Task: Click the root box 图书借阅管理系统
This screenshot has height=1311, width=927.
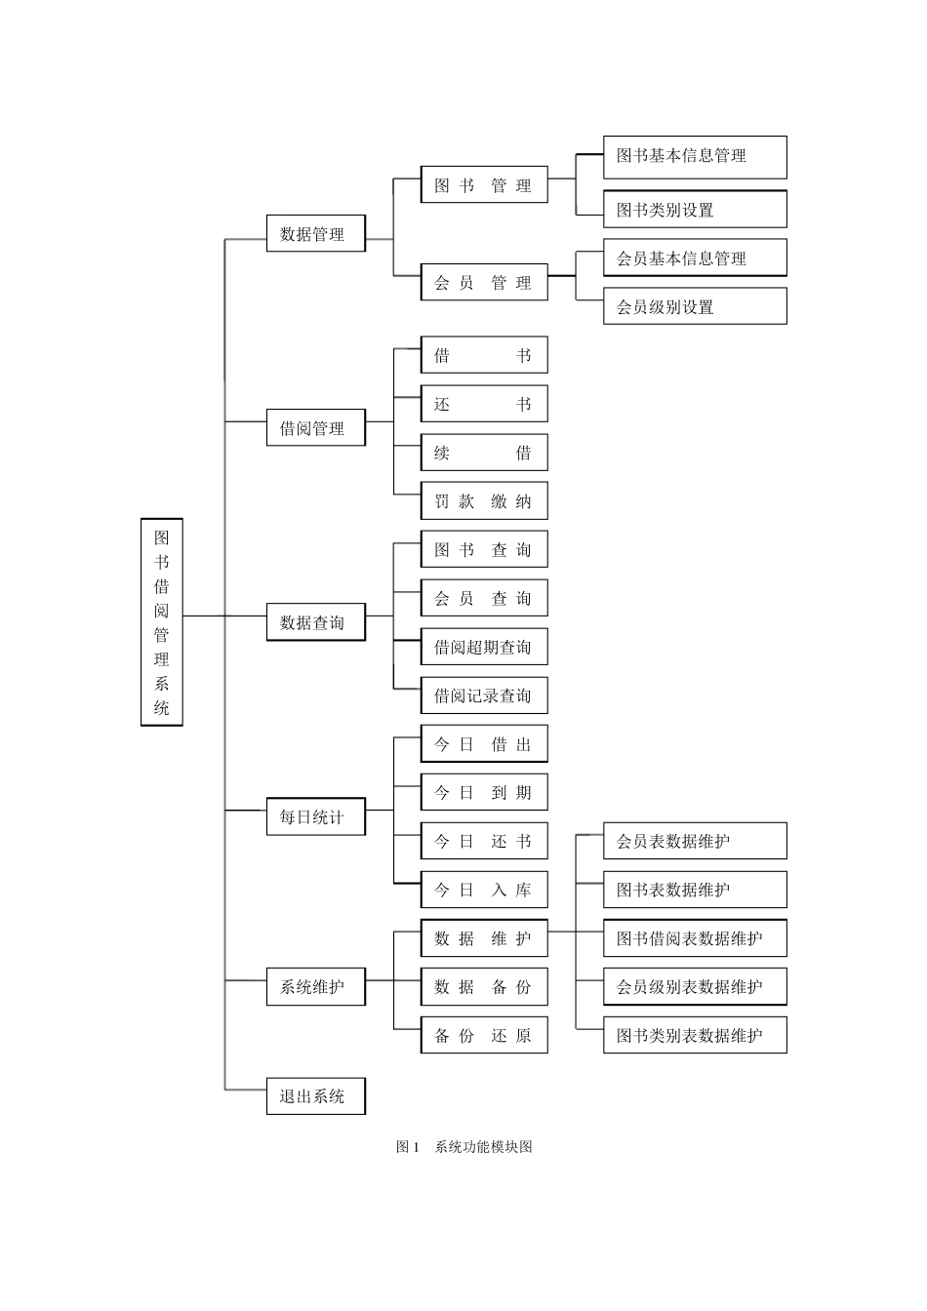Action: click(162, 622)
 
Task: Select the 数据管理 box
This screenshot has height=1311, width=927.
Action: click(315, 234)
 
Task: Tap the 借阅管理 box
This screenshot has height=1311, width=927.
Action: click(315, 428)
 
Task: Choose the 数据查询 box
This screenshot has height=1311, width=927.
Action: click(315, 622)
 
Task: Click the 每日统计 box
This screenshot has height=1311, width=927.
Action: click(315, 816)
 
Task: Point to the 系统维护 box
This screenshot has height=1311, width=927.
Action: click(315, 986)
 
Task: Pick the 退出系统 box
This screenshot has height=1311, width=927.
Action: click(315, 1095)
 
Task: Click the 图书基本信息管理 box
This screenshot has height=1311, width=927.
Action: click(694, 156)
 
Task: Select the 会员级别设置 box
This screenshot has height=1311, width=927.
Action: click(694, 306)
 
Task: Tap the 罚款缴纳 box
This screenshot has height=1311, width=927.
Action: click(484, 501)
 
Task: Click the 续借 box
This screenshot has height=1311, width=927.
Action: click(484, 453)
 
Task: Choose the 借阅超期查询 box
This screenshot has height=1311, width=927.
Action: click(484, 647)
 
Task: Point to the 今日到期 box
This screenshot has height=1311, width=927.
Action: click(484, 792)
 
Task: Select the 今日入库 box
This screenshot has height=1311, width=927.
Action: click(484, 890)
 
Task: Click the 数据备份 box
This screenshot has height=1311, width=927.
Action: click(484, 986)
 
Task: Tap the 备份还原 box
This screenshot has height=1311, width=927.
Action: click(484, 1035)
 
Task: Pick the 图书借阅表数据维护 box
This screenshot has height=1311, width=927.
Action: click(694, 938)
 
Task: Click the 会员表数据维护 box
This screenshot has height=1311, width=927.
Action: click(694, 841)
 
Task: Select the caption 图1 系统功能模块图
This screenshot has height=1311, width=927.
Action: click(464, 1146)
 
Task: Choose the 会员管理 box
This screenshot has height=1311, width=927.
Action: click(484, 283)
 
